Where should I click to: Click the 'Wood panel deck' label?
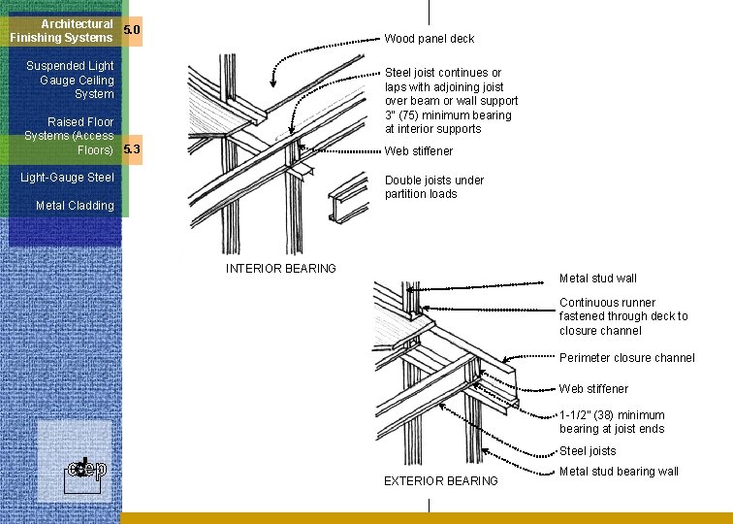pyautogui.click(x=430, y=39)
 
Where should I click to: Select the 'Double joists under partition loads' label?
pyautogui.click(x=433, y=186)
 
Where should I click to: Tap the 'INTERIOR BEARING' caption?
pyautogui.click(x=281, y=269)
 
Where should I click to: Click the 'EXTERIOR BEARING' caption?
pyautogui.click(x=441, y=481)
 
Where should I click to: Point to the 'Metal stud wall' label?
pyautogui.click(x=598, y=278)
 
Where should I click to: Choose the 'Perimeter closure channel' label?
pyautogui.click(x=626, y=358)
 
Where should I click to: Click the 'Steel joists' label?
pyautogui.click(x=588, y=451)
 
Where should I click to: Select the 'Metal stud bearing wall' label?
pyautogui.click(x=619, y=473)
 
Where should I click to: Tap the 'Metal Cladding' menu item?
pyautogui.click(x=75, y=206)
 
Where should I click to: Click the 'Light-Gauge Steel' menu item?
pyautogui.click(x=74, y=178)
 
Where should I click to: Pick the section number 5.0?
pyautogui.click(x=132, y=30)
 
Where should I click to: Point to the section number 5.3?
pyautogui.click(x=132, y=149)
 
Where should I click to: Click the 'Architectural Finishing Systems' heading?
pyautogui.click(x=62, y=30)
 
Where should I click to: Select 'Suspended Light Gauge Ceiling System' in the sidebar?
pyautogui.click(x=70, y=80)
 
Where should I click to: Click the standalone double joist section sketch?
pyautogui.click(x=348, y=203)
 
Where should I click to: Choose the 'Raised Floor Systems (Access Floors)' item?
pyautogui.click(x=69, y=136)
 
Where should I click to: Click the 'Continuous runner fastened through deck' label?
pyautogui.click(x=623, y=316)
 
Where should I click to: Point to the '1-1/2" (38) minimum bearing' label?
pyautogui.click(x=612, y=422)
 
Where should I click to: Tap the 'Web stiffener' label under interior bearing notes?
pyautogui.click(x=419, y=151)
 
